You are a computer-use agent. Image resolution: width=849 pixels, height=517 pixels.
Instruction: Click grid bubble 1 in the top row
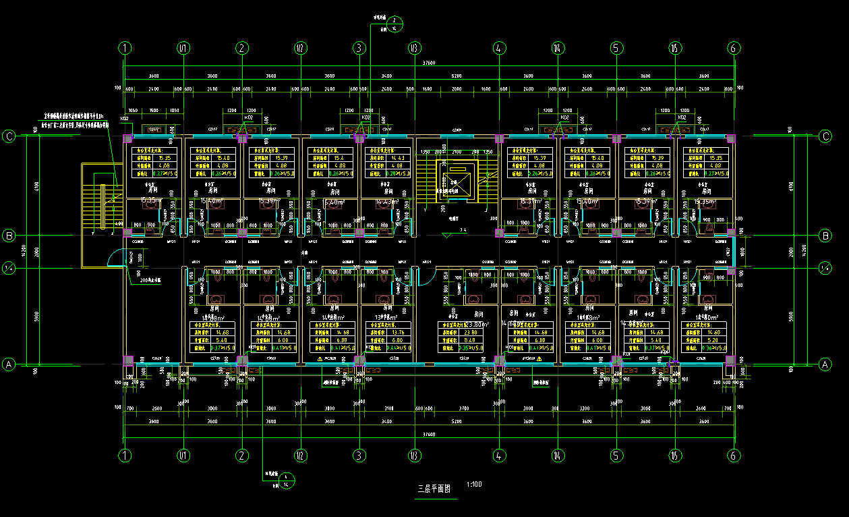(125, 48)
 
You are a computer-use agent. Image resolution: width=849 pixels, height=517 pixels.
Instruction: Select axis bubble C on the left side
(9, 136)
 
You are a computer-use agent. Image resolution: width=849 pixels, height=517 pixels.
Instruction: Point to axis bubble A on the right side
(825, 364)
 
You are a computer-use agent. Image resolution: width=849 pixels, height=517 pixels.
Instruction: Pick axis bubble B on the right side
(825, 236)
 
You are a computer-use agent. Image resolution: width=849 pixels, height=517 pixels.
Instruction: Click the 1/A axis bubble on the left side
(9, 268)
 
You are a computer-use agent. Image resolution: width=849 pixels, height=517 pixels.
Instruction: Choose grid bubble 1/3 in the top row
(415, 48)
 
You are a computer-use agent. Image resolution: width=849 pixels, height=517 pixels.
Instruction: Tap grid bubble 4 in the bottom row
(499, 456)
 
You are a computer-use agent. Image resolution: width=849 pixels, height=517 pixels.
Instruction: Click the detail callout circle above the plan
(395, 25)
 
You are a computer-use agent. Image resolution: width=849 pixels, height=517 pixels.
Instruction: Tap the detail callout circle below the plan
(286, 480)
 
